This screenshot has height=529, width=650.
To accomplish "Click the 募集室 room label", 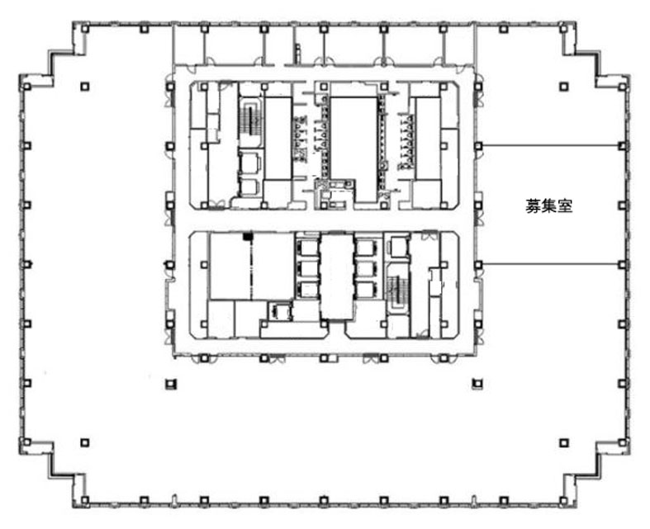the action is click(549, 205).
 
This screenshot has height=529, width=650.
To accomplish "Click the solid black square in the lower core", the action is click(248, 236).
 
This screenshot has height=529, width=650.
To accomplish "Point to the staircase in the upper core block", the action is click(250, 119).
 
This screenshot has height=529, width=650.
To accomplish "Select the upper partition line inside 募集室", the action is click(552, 145).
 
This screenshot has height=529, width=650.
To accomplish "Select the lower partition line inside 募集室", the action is click(552, 264).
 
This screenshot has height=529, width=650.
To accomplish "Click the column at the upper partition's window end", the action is click(621, 146).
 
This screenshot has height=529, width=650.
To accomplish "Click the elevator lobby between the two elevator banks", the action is click(337, 276).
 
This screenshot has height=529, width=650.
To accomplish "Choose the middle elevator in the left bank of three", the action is click(307, 268).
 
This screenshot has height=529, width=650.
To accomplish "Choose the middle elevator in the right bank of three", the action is click(366, 268).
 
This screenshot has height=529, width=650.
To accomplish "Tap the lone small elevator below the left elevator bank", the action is click(280, 311).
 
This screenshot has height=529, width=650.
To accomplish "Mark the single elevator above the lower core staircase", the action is click(399, 247).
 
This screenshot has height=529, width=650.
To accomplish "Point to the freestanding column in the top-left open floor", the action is click(85, 87).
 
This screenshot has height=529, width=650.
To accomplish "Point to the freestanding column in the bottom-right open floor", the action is click(563, 443).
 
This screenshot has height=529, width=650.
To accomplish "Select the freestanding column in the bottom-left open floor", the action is click(85, 443).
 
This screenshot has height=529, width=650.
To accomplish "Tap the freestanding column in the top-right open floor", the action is click(563, 87).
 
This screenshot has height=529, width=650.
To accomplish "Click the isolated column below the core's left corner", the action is click(170, 384).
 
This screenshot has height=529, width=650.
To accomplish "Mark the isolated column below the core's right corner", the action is click(477, 384).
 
